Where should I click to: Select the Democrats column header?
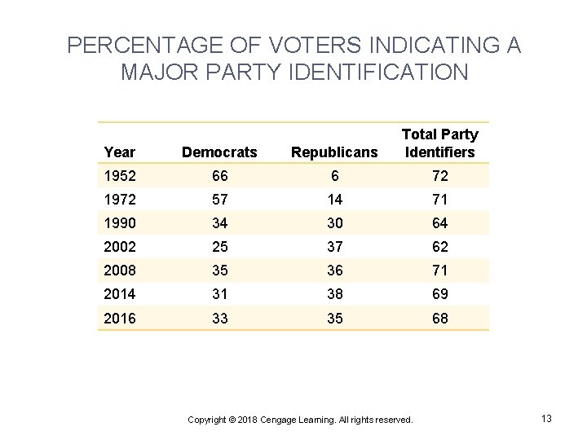pos(219,152)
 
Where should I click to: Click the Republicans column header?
pos(335,152)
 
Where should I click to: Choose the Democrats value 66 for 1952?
pos(219,175)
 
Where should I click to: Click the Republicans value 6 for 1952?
pos(335,175)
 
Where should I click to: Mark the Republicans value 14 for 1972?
pos(335,199)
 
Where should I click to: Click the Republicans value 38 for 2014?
pos(335,294)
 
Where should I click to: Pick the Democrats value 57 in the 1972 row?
pos(219,199)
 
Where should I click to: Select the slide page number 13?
pos(546,418)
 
